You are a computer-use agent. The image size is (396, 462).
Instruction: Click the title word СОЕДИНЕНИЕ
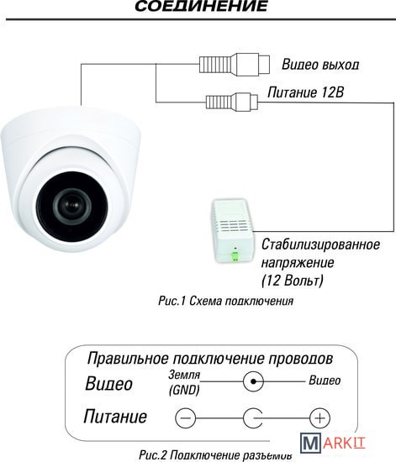click(201, 6)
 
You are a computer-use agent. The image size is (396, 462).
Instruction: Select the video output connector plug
click(235, 64)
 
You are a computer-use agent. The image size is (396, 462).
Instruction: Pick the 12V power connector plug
click(231, 102)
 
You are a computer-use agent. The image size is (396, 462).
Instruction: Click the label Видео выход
click(320, 65)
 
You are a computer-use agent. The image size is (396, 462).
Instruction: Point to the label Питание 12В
click(305, 92)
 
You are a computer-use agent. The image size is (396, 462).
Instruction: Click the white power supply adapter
click(233, 231)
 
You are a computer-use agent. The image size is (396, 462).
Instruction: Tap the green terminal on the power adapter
click(235, 256)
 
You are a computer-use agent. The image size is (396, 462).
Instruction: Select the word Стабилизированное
click(320, 244)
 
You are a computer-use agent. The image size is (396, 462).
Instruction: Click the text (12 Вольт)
click(293, 281)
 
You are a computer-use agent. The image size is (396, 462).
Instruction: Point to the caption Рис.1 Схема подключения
click(226, 301)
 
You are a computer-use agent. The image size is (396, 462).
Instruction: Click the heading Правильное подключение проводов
click(210, 359)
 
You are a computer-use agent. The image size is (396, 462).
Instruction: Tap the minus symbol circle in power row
click(185, 418)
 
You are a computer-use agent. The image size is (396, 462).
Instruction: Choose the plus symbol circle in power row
click(320, 418)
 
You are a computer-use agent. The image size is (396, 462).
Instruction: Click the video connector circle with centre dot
click(253, 381)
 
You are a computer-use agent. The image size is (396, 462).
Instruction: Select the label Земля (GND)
click(184, 383)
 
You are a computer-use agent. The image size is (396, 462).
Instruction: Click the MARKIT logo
click(333, 442)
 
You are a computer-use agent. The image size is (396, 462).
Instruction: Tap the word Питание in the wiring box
click(115, 417)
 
